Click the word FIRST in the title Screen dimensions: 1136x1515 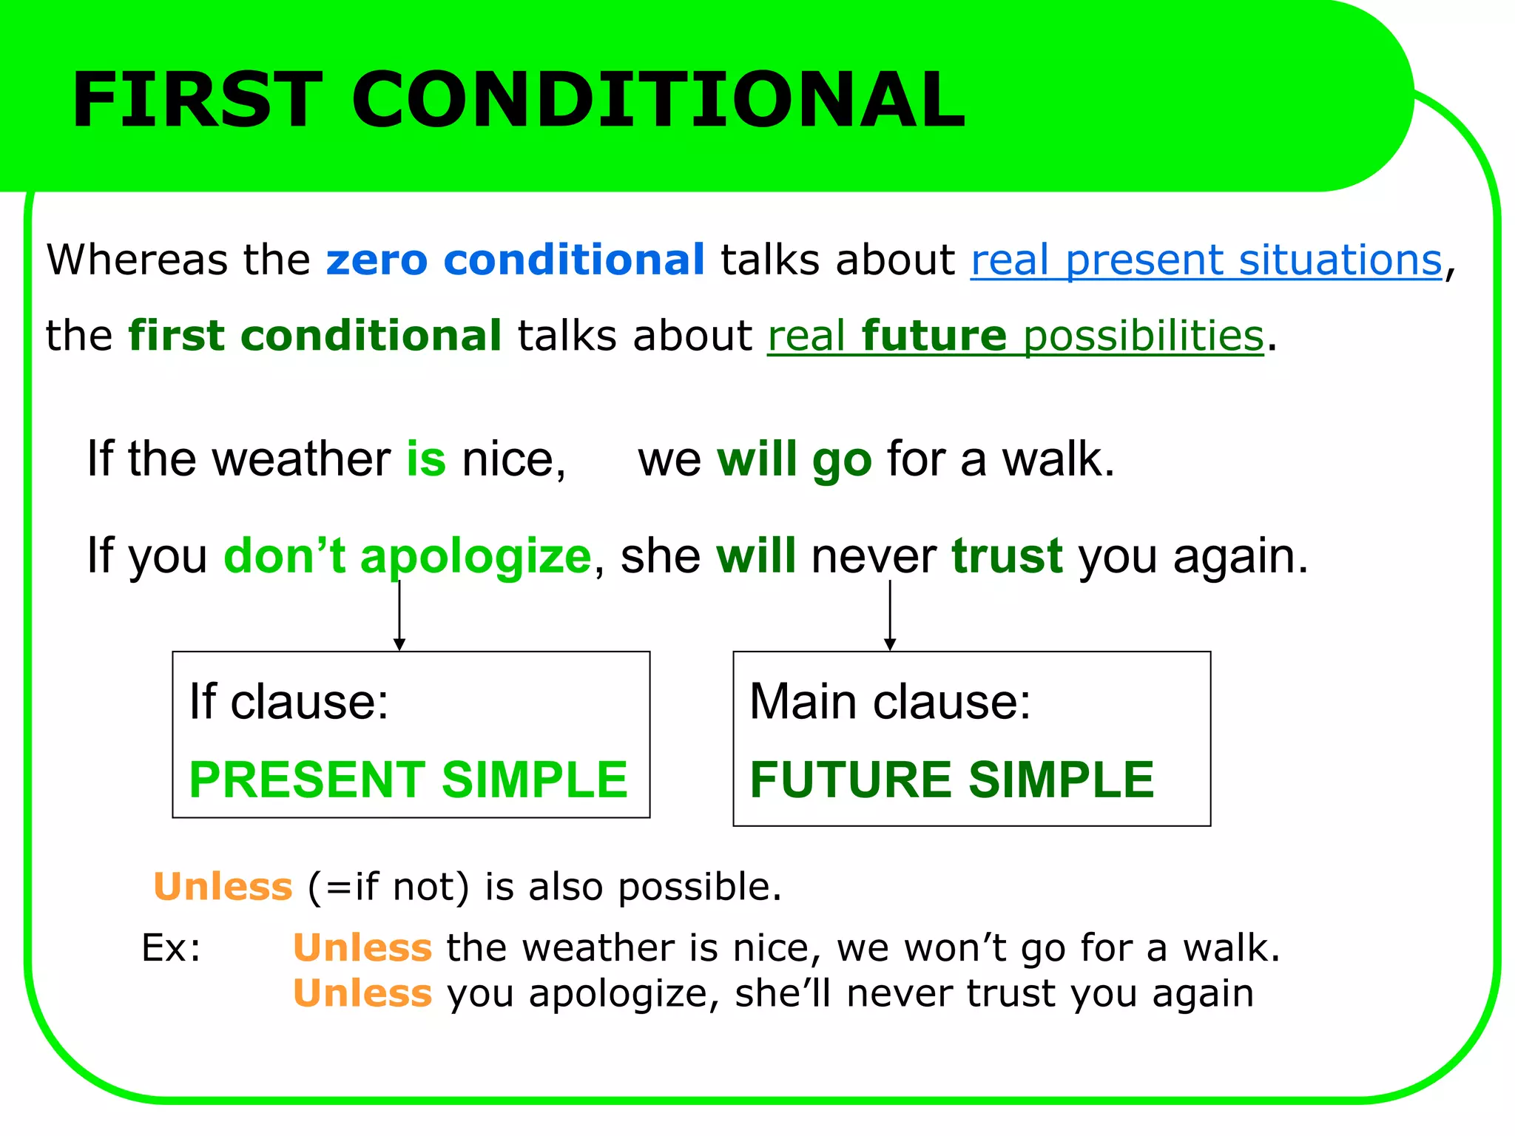click(x=197, y=100)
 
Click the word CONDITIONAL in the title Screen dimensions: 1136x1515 click(x=658, y=100)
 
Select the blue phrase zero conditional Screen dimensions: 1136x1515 click(x=516, y=260)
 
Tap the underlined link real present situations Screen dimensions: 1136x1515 click(x=1207, y=260)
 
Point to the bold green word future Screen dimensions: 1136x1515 click(x=934, y=336)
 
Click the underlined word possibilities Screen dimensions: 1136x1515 click(x=1144, y=336)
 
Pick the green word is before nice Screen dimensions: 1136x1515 click(x=426, y=459)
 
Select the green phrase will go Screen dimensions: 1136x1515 click(x=794, y=459)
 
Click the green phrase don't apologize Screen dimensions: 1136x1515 click(x=407, y=556)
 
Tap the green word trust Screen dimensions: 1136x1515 click(x=1007, y=556)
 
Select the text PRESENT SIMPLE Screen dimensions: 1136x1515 click(x=408, y=780)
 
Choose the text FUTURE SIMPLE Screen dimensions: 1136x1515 click(x=952, y=780)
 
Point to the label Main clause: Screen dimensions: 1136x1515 click(x=890, y=701)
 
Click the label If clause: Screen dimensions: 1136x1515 click(x=289, y=701)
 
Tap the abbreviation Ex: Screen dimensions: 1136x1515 click(x=172, y=948)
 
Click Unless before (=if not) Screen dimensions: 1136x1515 click(x=223, y=887)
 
